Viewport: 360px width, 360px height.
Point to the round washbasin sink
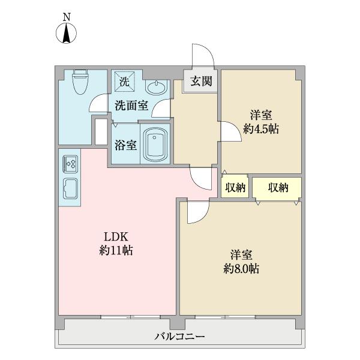tap(157, 87)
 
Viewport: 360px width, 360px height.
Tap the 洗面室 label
tap(131, 106)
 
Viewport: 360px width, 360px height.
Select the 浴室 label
tap(125, 145)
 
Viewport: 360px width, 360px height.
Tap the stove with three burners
tap(70, 164)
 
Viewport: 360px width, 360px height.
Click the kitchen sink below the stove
tap(70, 188)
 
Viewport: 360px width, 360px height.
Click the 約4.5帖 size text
tap(261, 128)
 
